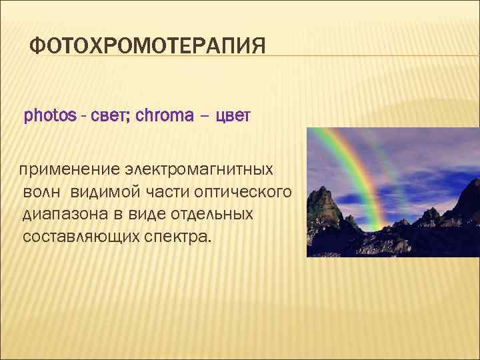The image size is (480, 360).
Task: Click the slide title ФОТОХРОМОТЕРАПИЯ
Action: point(148,47)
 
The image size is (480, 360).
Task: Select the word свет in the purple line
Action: point(102,116)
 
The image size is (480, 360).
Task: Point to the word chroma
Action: point(163,116)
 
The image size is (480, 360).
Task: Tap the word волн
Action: point(43,192)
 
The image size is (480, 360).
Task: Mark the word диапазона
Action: point(63,214)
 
